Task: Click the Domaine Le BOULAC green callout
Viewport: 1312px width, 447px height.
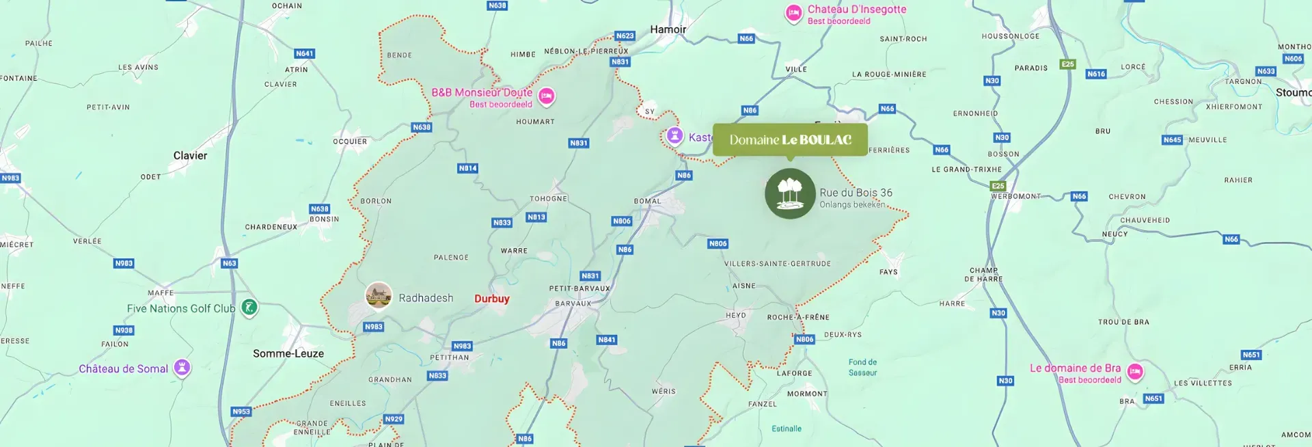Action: point(790,139)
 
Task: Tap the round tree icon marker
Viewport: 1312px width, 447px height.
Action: point(790,194)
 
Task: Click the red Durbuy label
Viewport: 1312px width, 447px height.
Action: point(492,299)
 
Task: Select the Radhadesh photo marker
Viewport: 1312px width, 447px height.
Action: point(378,295)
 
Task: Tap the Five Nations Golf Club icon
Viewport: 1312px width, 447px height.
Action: point(249,308)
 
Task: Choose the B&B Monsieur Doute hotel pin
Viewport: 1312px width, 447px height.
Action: point(546,96)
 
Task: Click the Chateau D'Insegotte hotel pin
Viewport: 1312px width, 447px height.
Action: point(793,13)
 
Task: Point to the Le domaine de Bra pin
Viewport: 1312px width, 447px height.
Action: point(1134,371)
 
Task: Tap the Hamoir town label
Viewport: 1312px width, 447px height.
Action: point(668,29)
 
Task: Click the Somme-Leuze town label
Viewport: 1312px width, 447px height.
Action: point(288,353)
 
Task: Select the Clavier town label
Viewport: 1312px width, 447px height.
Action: point(190,156)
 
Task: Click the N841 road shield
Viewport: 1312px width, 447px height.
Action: point(607,340)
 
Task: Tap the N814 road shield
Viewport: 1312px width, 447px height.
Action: point(467,168)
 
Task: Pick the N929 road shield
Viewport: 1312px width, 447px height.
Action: point(394,419)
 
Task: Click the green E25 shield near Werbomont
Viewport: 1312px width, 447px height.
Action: point(998,186)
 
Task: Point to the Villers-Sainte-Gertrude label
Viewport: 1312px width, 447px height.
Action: point(778,264)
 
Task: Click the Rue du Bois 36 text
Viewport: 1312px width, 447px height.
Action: point(856,193)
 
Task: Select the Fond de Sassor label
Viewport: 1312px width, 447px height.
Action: point(862,368)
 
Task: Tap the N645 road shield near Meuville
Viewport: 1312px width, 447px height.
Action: point(1172,140)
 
